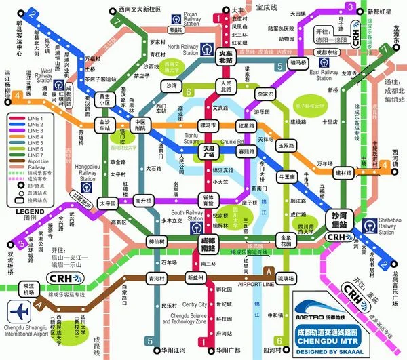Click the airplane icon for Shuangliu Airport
point(21,311)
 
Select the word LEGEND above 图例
point(25,212)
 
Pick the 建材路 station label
point(345,173)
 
